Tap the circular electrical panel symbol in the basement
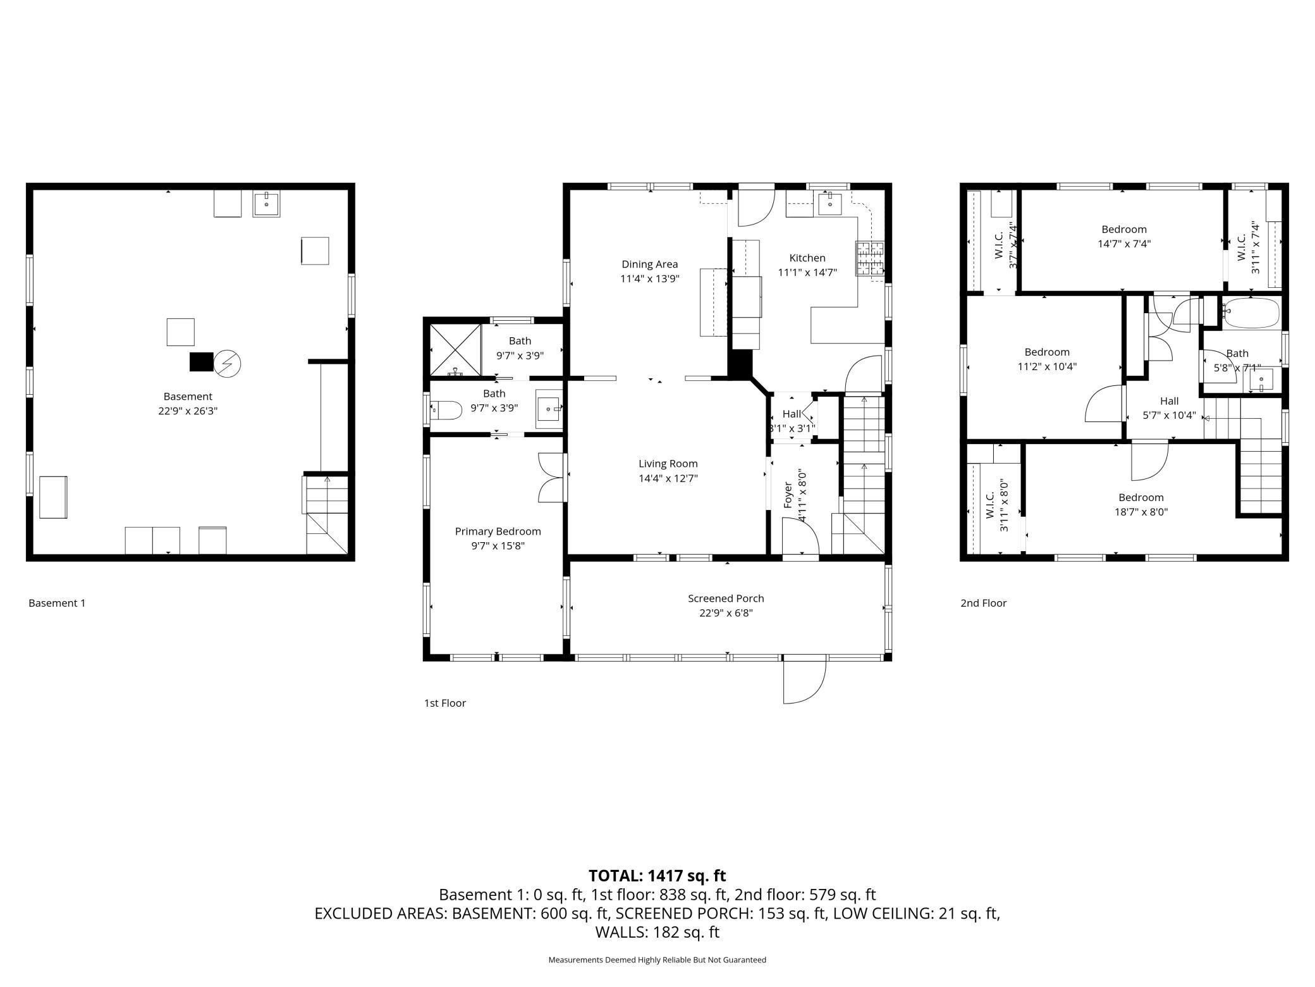point(228,363)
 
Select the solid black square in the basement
point(202,362)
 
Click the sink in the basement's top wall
point(266,204)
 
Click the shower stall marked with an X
point(455,351)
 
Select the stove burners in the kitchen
point(870,258)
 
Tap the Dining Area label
point(649,264)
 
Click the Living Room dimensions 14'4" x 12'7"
point(668,478)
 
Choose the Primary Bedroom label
point(498,531)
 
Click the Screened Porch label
point(726,599)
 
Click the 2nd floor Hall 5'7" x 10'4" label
point(1169,408)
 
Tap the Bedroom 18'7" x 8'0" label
point(1141,505)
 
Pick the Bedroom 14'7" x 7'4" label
point(1123,236)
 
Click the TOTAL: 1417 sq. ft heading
point(657,876)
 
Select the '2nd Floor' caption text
point(983,603)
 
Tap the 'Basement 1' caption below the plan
point(57,603)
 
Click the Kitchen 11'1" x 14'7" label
point(807,265)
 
